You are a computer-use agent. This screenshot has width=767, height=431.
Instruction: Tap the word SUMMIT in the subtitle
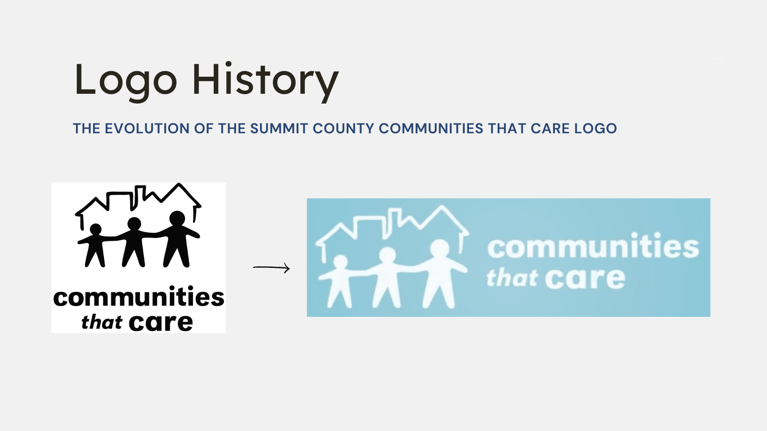coord(279,129)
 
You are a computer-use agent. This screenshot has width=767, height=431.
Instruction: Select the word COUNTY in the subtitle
coord(344,129)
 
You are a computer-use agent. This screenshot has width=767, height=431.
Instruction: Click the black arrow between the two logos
coord(271,267)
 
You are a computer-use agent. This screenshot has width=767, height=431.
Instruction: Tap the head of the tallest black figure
coord(177,218)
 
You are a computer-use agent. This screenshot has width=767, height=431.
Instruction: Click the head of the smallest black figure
coord(96,229)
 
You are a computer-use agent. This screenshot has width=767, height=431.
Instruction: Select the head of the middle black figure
coord(134,223)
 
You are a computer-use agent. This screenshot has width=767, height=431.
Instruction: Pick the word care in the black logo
coord(161,322)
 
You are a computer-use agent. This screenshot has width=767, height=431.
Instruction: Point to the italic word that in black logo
coord(101,322)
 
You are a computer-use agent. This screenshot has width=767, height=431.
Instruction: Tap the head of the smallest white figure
coord(340,262)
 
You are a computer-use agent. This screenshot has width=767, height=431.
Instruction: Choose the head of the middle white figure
coord(387,255)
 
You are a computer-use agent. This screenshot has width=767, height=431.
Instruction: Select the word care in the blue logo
coord(585,278)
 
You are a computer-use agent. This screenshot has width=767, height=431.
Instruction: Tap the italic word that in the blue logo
coord(512,278)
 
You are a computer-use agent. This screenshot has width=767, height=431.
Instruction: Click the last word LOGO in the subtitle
coord(596,129)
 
